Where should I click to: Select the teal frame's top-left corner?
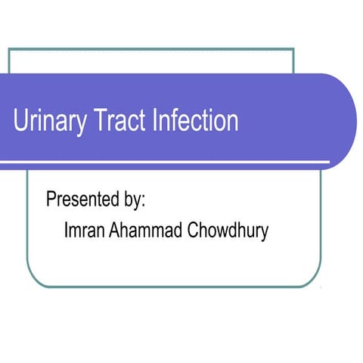9,49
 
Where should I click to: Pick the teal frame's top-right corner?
293,49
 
